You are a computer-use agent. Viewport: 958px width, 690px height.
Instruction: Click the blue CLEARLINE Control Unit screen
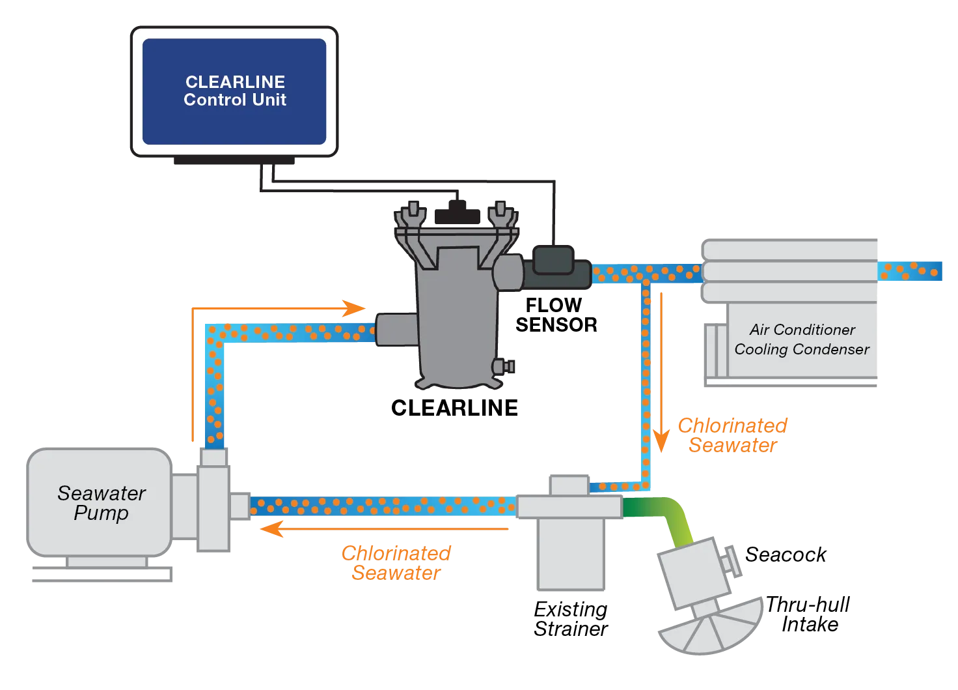tap(234, 92)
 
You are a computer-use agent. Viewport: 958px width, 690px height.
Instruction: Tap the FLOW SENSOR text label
tap(556, 315)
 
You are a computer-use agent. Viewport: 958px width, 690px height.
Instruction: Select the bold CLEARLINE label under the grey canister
tap(454, 408)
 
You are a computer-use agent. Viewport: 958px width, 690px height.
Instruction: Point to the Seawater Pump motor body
tap(99, 502)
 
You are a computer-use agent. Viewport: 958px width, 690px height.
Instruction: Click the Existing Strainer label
tap(571, 619)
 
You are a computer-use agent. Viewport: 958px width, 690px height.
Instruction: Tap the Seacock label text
tap(786, 554)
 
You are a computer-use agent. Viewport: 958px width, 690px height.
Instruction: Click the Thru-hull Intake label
tap(808, 614)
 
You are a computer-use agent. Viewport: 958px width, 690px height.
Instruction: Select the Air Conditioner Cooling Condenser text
tap(802, 339)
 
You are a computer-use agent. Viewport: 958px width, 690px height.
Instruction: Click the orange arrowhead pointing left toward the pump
tap(271, 529)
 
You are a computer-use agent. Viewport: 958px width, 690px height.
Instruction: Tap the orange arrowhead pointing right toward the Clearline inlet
tap(353, 308)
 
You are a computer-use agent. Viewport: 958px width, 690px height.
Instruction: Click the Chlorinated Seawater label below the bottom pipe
tap(396, 563)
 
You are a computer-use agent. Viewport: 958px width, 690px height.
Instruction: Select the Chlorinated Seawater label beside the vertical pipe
tap(733, 435)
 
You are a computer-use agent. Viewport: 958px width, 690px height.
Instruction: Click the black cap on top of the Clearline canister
tap(457, 213)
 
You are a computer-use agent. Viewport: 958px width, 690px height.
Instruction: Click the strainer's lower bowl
tap(571, 554)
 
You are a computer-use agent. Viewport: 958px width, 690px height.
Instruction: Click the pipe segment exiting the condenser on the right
tap(909, 271)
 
